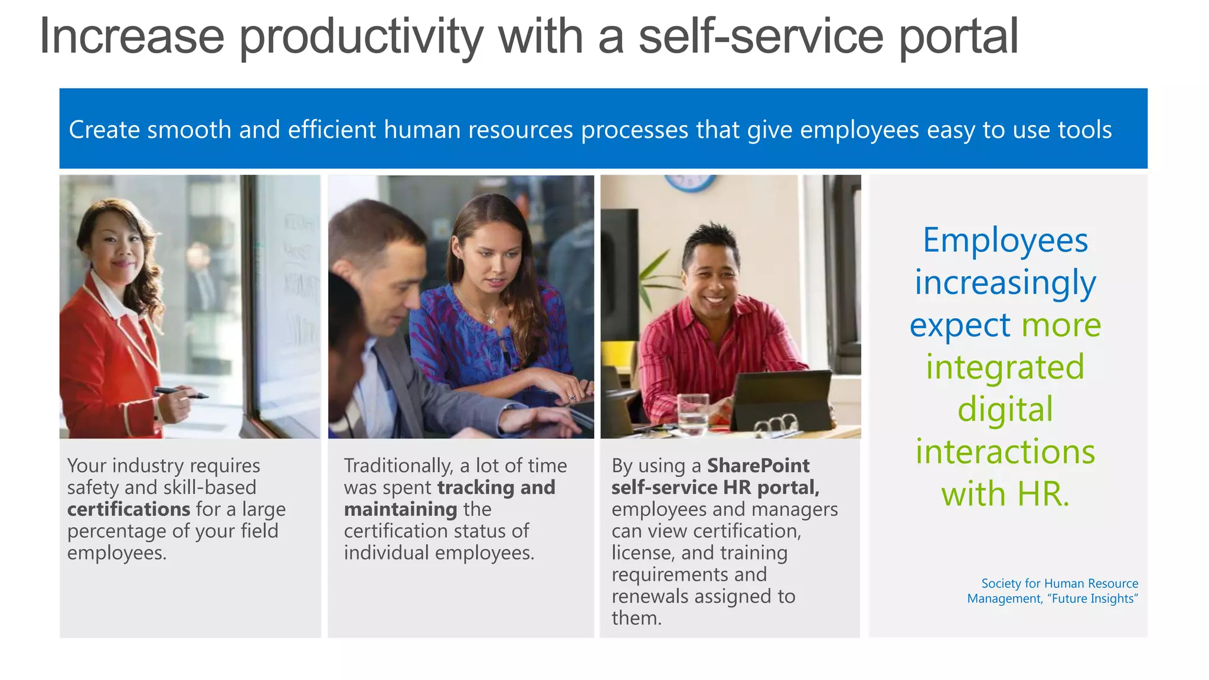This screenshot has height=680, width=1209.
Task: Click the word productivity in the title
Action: click(361, 37)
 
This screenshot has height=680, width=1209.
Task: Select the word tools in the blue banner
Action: click(1084, 130)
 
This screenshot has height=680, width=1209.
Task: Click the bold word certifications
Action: click(128, 509)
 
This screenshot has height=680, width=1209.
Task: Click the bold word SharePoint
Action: click(758, 466)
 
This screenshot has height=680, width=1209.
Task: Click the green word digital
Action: click(1005, 409)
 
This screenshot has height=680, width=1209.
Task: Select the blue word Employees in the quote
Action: click(1005, 240)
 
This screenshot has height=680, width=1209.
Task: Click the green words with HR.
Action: click(1005, 493)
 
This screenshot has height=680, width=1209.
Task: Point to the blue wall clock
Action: click(690, 182)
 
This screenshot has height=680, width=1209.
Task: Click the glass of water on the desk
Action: click(692, 414)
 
